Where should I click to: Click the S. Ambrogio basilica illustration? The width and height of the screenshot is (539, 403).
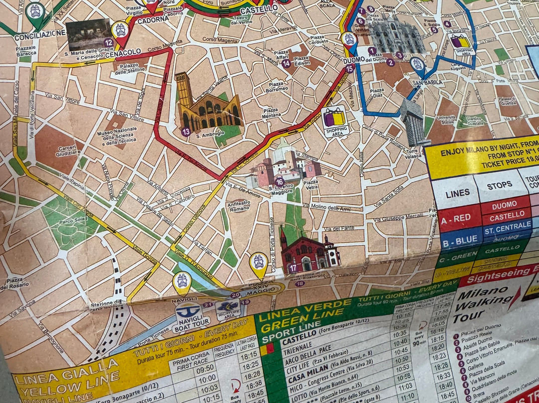click(207, 106)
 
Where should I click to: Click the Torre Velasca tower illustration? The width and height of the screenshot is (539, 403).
click(414, 122)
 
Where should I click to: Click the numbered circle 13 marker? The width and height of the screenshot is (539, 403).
click(186, 132)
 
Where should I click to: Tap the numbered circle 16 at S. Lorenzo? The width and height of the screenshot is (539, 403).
click(279, 182)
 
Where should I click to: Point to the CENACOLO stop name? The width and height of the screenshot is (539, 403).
click(122, 52)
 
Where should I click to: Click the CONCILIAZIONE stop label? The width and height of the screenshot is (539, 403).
click(40, 36)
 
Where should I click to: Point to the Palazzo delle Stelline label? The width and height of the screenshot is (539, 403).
click(128, 69)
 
